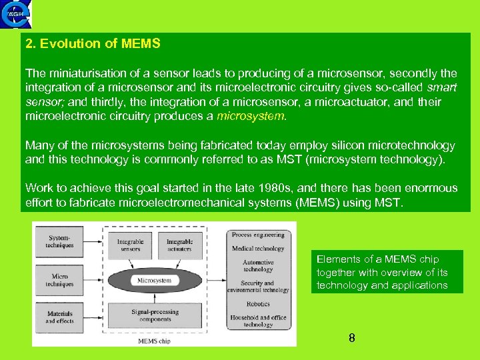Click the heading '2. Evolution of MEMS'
(x=93, y=44)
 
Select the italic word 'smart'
(x=441, y=87)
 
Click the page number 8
(x=352, y=338)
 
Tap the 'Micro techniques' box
(x=60, y=280)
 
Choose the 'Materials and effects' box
(x=60, y=317)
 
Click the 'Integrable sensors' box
(x=130, y=245)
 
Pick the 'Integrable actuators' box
(x=179, y=245)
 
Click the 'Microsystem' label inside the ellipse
(x=155, y=281)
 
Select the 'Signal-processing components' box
(x=155, y=315)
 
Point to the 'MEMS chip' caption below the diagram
(x=154, y=341)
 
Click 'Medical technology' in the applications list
(x=258, y=249)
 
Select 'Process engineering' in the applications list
(x=258, y=235)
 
